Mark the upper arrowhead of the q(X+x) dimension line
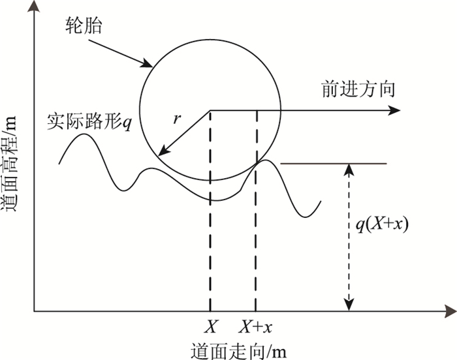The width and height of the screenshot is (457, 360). click(x=350, y=168)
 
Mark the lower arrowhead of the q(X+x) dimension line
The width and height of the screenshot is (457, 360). click(x=350, y=306)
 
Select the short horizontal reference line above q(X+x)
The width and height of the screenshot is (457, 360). click(x=333, y=164)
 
